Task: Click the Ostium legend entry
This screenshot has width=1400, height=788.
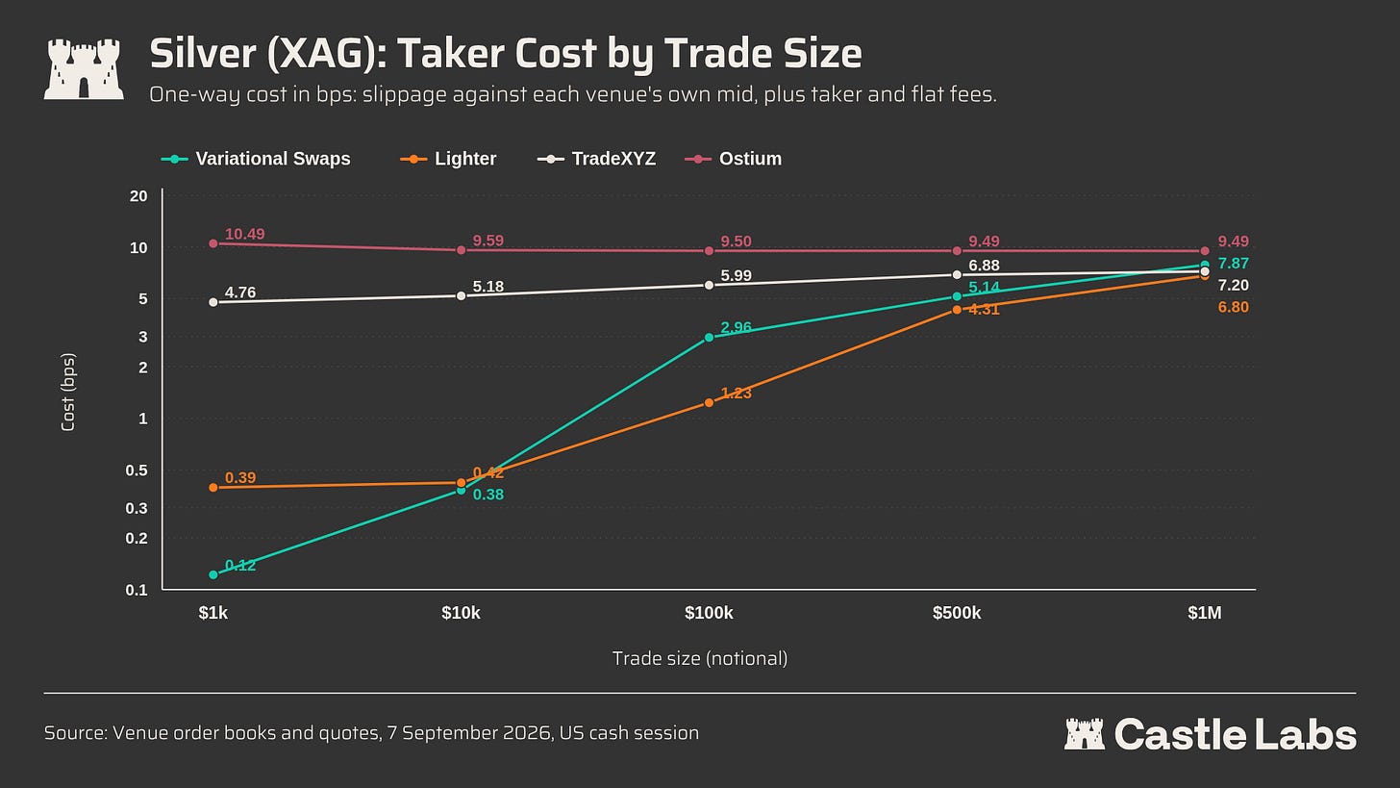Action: tap(733, 159)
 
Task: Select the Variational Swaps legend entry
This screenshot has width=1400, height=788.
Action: tap(256, 159)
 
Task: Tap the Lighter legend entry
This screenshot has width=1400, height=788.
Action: tap(448, 159)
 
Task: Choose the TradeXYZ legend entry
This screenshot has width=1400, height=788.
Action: tap(596, 159)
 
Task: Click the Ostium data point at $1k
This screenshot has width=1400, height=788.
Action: tap(213, 243)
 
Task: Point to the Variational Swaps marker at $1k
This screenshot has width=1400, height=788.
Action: tap(213, 574)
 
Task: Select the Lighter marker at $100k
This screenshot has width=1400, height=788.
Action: tap(709, 403)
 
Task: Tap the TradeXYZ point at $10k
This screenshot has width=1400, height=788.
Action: tap(462, 295)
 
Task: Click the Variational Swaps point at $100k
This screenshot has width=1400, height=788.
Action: tap(709, 338)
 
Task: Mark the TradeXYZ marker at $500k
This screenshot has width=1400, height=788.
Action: tap(957, 274)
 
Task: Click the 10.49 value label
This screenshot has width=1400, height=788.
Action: tap(244, 234)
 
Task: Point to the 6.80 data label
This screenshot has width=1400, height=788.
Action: tap(1233, 307)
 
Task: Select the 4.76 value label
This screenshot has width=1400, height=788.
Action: tap(240, 292)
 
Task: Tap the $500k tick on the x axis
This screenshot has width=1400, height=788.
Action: tap(957, 613)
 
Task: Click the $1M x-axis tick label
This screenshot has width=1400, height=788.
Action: tap(1205, 613)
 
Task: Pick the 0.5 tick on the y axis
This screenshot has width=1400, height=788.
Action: tap(137, 470)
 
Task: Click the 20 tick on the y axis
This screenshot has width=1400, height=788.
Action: tap(138, 195)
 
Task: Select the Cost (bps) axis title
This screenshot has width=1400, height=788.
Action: tap(68, 393)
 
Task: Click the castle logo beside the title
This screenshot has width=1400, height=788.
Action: tap(84, 69)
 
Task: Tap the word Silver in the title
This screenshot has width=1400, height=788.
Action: tap(203, 53)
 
